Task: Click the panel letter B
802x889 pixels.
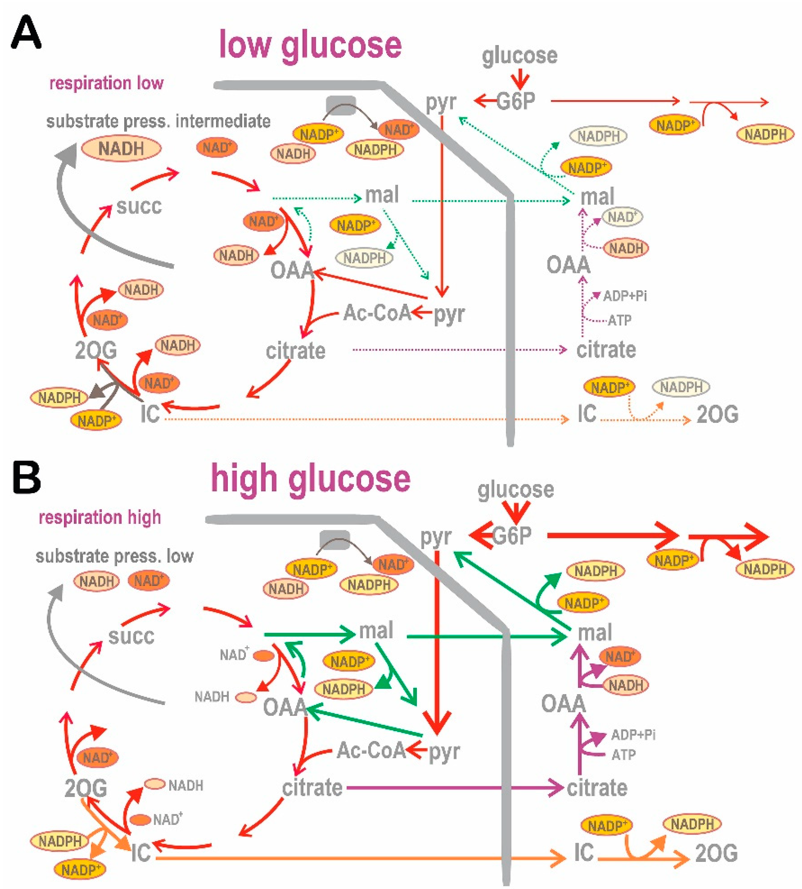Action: click(26, 478)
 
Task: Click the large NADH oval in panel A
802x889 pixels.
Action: click(121, 149)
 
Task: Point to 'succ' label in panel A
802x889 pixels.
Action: click(139, 206)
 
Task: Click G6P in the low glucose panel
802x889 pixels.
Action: click(516, 101)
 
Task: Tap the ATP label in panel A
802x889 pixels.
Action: click(619, 320)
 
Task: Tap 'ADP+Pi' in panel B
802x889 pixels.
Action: click(633, 734)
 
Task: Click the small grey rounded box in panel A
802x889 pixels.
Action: click(341, 105)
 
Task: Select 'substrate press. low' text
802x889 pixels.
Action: click(115, 556)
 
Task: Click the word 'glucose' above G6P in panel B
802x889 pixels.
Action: click(516, 490)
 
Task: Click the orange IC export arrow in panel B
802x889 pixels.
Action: click(352, 858)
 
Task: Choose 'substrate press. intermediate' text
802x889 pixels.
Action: click(158, 121)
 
